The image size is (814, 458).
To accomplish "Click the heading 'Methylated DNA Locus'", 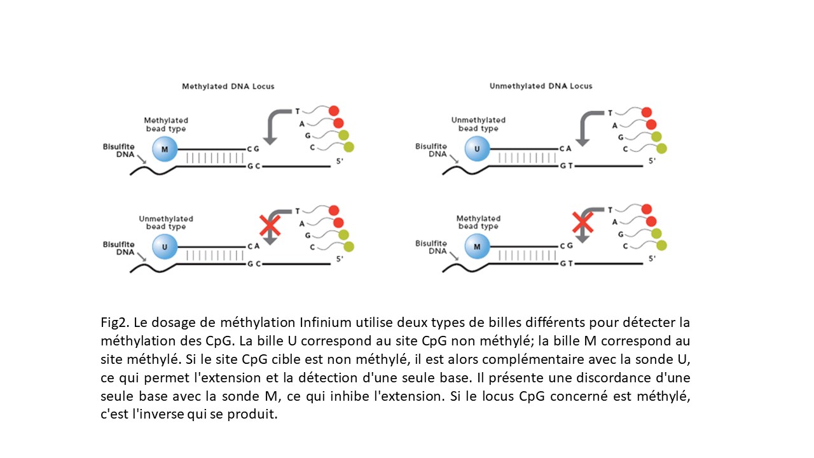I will (x=228, y=86).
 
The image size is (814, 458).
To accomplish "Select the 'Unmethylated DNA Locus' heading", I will (x=541, y=86).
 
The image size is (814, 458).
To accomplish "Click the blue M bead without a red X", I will (x=165, y=149).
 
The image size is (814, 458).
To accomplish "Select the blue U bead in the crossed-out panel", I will (x=165, y=246).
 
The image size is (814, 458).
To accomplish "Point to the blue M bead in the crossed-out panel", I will (x=477, y=246).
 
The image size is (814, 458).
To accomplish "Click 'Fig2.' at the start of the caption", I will (x=113, y=321).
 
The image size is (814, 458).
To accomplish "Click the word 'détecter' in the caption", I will (x=645, y=321).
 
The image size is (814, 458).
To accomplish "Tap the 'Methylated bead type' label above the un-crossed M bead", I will (x=166, y=125).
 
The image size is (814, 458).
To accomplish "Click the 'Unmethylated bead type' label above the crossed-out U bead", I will (x=166, y=223).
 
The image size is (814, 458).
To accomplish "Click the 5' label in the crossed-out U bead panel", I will (x=340, y=259).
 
